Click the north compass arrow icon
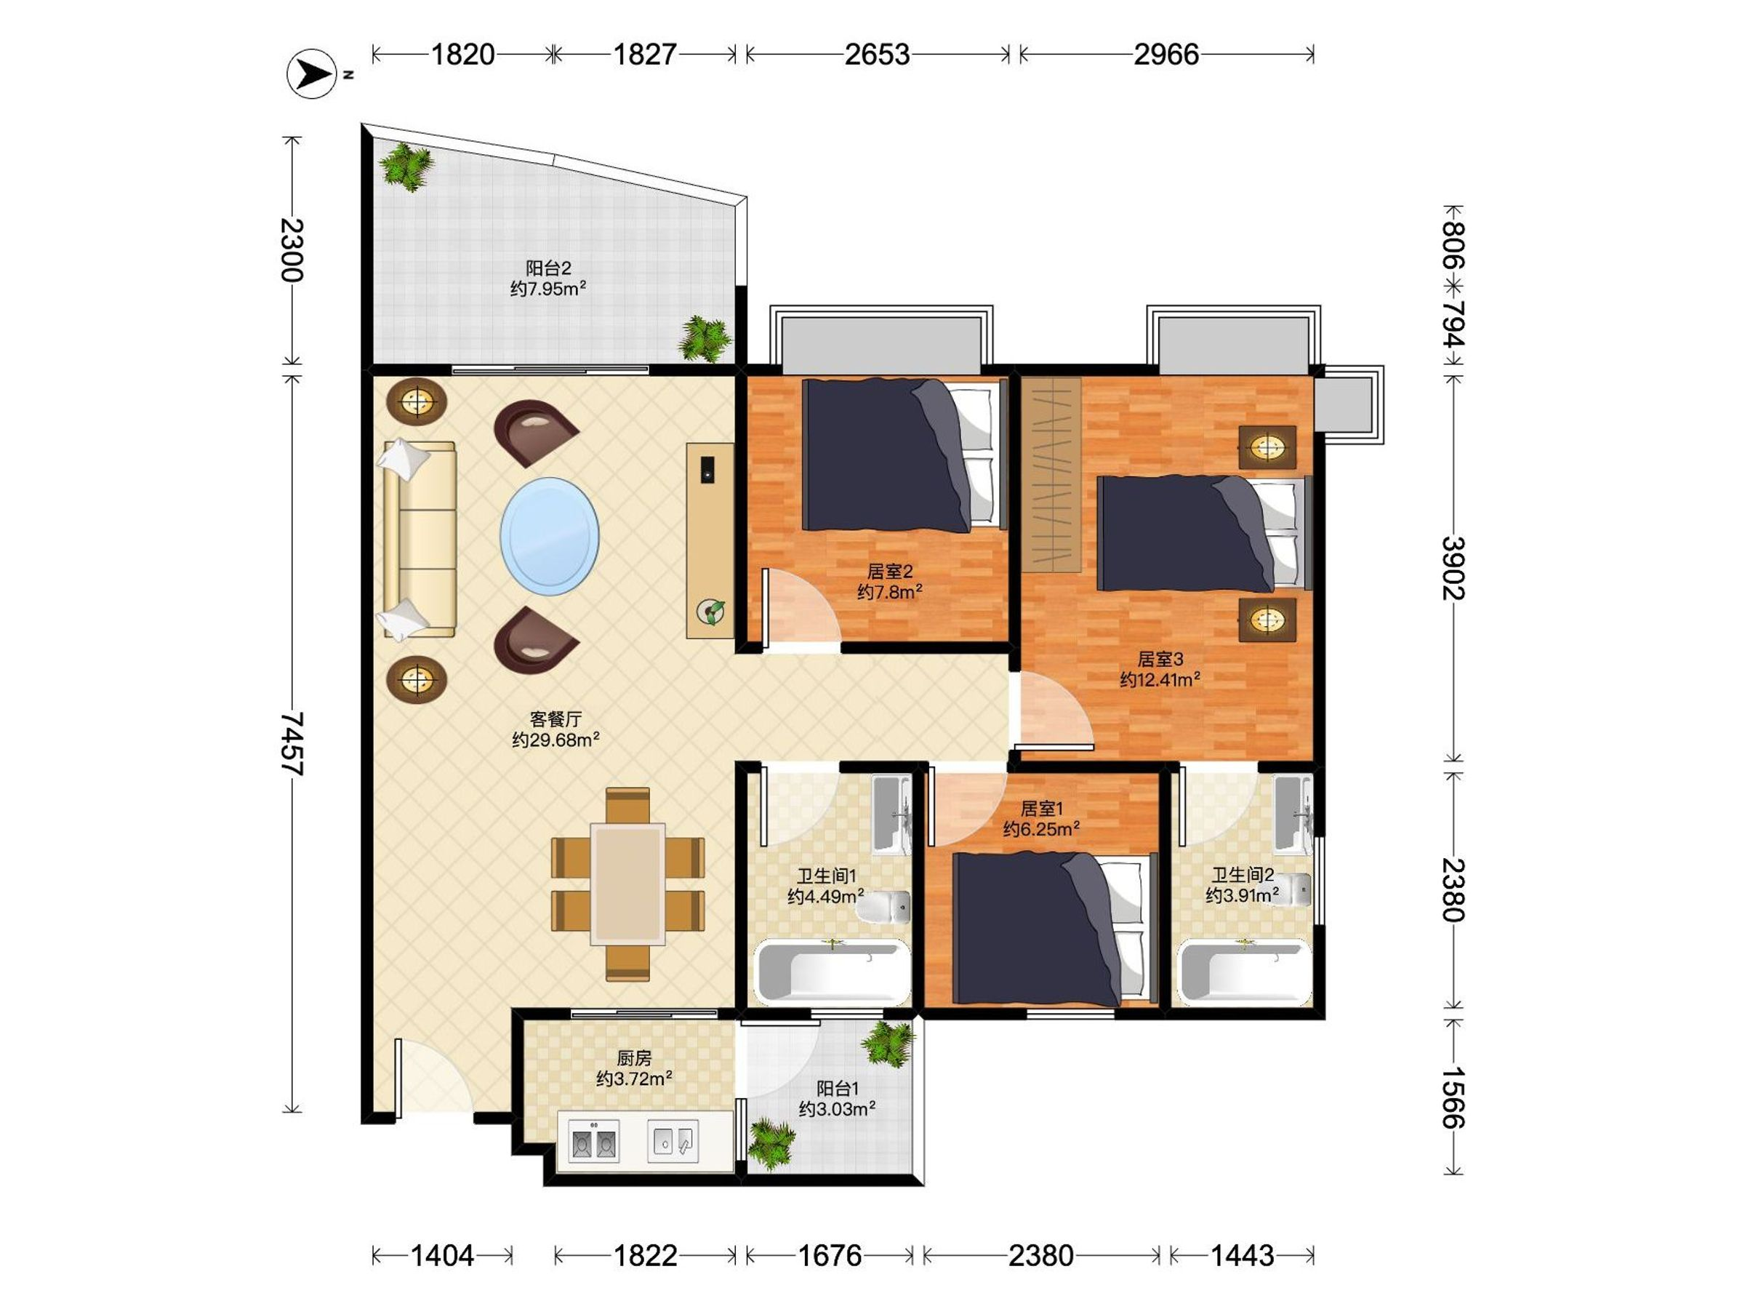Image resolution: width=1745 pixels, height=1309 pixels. coord(313,74)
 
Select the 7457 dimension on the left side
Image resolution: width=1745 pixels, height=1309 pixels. coord(291,743)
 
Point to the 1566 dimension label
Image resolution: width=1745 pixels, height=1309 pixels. coord(1452,1097)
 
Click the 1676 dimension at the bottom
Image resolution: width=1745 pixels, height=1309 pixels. coord(830,1254)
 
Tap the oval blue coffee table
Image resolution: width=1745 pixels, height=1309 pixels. coord(549,537)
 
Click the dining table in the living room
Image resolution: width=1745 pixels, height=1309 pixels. coord(628,884)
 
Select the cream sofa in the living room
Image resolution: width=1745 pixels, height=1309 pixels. coord(419,540)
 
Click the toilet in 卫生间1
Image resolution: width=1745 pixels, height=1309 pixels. coord(884,907)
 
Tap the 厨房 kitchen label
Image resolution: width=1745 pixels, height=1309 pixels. coord(634,1057)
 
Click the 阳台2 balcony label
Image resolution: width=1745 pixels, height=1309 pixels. coord(548,268)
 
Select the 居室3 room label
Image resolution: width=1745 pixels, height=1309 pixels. coord(1160,658)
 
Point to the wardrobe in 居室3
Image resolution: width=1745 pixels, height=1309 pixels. coord(1051,474)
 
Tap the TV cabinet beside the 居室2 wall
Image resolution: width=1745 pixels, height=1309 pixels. coord(710,540)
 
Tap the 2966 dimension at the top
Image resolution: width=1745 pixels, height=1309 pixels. coord(1166,55)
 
